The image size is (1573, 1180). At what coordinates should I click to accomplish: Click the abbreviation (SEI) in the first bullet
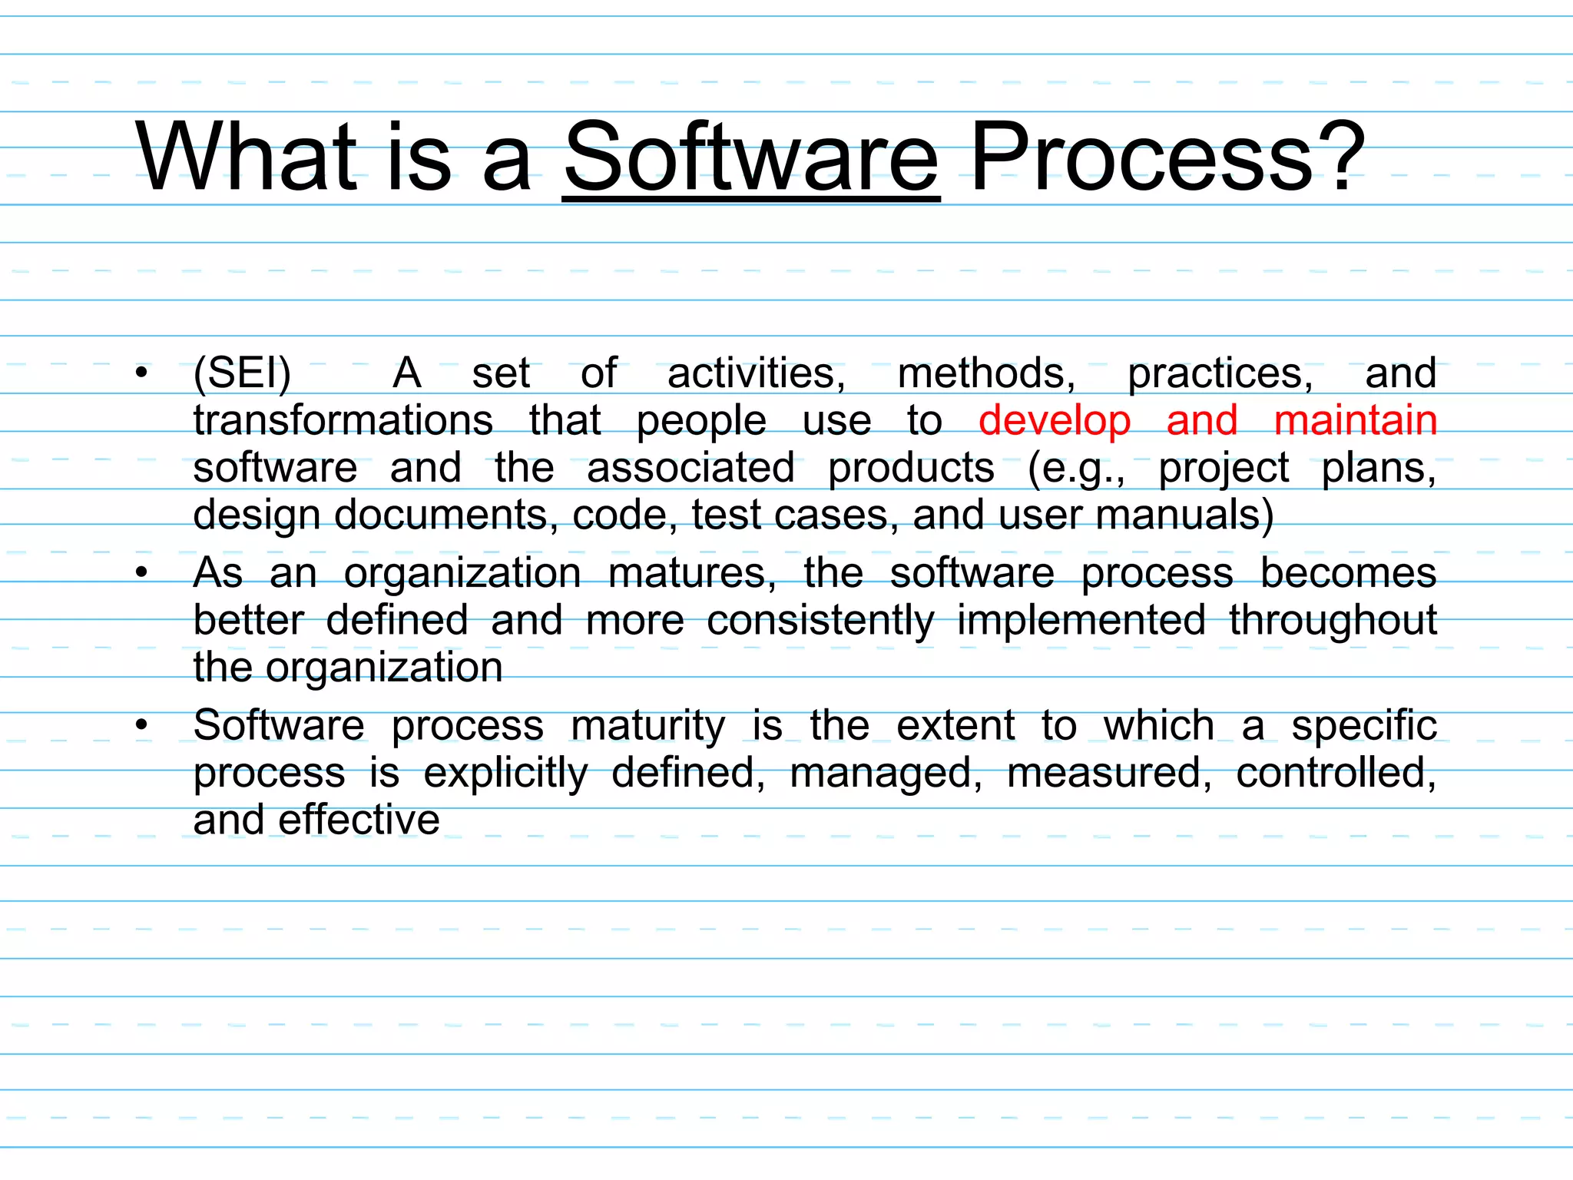(243, 374)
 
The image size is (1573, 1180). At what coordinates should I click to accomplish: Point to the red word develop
(1055, 422)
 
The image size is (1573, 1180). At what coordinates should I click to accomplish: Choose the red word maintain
(1355, 420)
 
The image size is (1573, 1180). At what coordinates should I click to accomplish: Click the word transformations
(343, 420)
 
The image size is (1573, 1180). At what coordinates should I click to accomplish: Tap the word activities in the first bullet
(756, 374)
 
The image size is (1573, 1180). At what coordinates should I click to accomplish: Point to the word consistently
(820, 621)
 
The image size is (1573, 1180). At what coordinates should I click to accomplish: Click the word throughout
(1333, 621)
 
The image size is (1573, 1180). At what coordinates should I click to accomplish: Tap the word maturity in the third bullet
(647, 726)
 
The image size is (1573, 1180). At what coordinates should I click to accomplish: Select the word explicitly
(505, 774)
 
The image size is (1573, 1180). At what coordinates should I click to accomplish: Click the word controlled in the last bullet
(1336, 773)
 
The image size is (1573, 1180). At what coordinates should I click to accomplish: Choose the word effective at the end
(359, 820)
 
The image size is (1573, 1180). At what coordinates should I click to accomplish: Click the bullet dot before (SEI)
(141, 374)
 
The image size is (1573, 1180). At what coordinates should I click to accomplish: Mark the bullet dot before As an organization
(141, 573)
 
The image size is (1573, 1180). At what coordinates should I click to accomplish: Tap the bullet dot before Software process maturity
(141, 725)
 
